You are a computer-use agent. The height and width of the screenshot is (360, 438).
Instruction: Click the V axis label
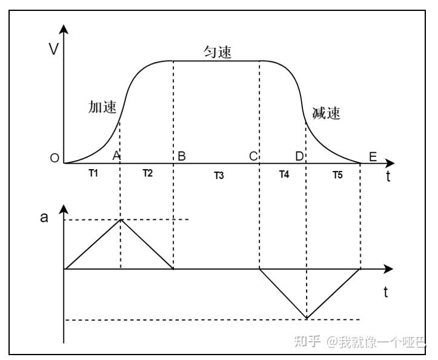click(53, 48)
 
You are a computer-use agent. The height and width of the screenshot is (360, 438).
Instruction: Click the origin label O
click(55, 158)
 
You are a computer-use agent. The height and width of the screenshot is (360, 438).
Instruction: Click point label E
click(373, 157)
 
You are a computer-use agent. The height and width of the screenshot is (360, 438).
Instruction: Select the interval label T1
click(93, 173)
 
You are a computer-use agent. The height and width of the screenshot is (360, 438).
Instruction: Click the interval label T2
click(148, 173)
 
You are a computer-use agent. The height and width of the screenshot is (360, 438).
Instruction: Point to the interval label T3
click(219, 176)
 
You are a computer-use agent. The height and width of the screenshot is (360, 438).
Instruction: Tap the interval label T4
click(284, 175)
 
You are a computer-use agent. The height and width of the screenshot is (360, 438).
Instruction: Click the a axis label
click(44, 218)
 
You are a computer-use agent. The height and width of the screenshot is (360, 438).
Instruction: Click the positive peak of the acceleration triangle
click(121, 219)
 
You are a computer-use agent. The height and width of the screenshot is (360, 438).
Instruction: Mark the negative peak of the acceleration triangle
click(307, 318)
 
